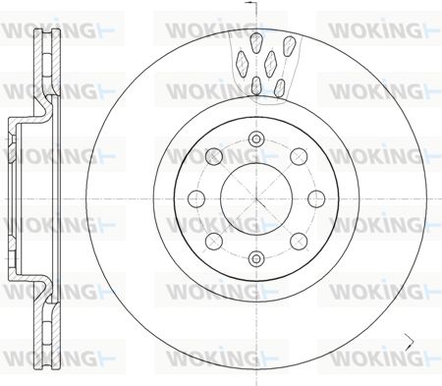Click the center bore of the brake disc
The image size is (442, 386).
pos(256,198)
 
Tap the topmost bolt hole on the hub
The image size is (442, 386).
pos(256,139)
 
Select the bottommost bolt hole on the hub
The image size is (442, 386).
pos(256,258)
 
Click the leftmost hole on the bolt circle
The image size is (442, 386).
pos(196,198)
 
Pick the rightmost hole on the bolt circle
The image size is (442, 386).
pos(316,198)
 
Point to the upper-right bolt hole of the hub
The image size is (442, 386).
pos(299,156)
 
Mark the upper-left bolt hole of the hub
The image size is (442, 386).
pos(214,156)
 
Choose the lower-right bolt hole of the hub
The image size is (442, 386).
pos(299,242)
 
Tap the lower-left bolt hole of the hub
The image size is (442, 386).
pos(214,242)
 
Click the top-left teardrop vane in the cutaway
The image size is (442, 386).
pos(255,42)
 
